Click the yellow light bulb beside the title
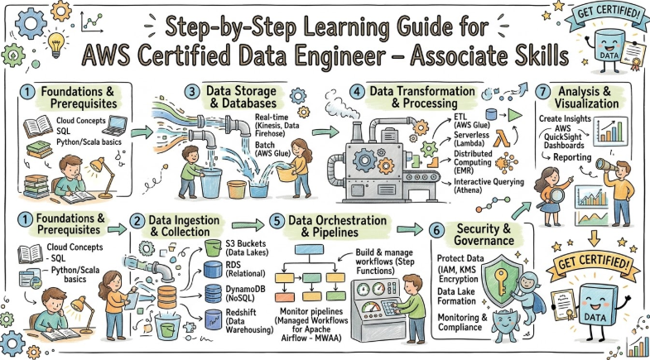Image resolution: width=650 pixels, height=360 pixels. [x=56, y=45]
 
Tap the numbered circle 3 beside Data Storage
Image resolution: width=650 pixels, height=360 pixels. [x=192, y=92]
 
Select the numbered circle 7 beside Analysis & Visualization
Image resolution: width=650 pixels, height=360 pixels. [x=542, y=92]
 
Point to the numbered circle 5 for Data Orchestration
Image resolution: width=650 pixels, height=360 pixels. [x=277, y=220]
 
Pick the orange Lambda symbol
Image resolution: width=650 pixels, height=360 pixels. [x=502, y=138]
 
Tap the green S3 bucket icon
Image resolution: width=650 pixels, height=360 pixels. [x=214, y=247]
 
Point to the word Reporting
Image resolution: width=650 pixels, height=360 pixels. [x=572, y=157]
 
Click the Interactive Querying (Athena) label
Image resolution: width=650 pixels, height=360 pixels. [x=489, y=186]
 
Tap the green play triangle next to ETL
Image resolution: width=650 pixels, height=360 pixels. [x=515, y=115]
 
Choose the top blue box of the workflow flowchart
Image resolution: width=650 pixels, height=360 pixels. [x=309, y=249]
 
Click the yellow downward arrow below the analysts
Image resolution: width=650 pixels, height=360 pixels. [x=594, y=238]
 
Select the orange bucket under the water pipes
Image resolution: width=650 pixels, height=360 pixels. [x=237, y=189]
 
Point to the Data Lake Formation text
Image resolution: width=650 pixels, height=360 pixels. [x=456, y=296]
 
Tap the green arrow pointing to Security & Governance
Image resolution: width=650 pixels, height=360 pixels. [x=410, y=229]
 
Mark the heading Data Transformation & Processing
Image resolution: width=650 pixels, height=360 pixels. [x=422, y=97]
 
